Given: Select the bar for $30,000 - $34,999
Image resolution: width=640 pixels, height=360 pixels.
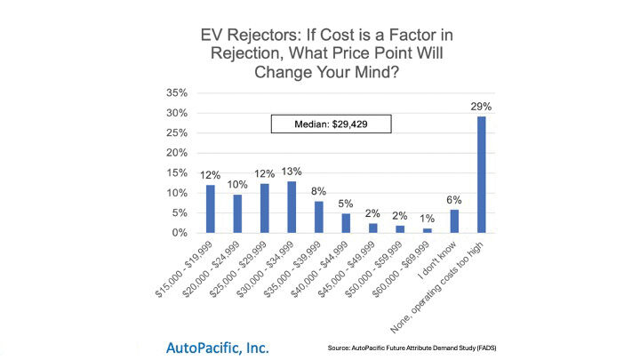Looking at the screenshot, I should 292,207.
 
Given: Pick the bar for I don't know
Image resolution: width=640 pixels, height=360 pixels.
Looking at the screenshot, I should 455,220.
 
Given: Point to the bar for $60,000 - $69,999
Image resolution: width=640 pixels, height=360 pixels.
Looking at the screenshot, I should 428,230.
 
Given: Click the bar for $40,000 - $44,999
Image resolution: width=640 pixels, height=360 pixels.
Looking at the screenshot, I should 347,223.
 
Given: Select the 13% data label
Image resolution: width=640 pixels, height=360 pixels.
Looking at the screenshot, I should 292,172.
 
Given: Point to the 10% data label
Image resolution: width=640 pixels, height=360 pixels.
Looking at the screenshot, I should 237,184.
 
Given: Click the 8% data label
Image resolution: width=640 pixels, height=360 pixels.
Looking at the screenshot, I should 319,191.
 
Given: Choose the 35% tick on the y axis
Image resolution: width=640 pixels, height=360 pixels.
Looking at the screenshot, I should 177,93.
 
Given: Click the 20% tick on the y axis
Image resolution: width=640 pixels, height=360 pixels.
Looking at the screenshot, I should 177,153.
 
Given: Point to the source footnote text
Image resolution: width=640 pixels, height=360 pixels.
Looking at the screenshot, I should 423,347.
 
